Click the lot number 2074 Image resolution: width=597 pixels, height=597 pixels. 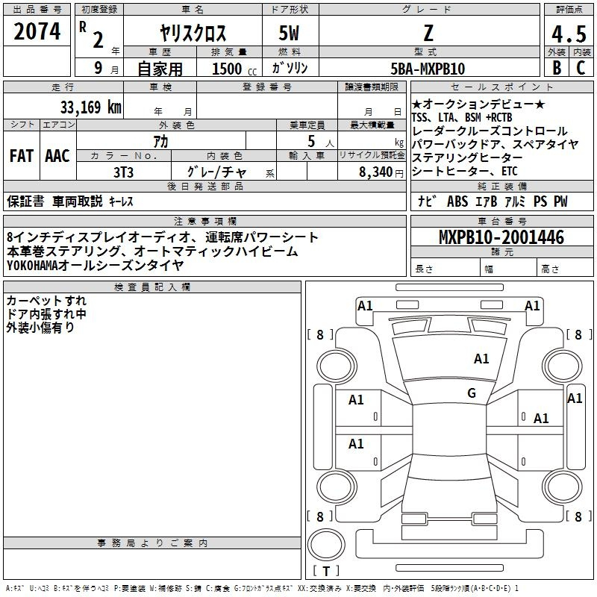click(37, 32)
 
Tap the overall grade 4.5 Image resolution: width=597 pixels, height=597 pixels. click(567, 34)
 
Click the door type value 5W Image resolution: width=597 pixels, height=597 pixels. click(290, 34)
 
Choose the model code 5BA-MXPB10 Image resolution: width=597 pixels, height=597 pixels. click(428, 69)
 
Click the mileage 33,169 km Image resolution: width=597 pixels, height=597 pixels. click(90, 107)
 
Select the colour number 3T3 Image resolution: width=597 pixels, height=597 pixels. click(123, 171)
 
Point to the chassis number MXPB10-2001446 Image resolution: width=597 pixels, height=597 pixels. click(501, 237)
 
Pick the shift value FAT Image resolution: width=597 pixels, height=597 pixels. click(22, 156)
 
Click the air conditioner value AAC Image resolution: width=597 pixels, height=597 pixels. click(57, 156)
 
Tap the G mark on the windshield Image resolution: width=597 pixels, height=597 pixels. click(472, 393)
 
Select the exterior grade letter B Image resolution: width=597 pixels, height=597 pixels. click(556, 69)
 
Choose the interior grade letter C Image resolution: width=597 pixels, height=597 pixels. click(581, 69)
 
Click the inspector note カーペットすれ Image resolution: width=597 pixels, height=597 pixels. click(46, 301)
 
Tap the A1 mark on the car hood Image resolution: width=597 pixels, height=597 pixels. click(481, 359)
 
